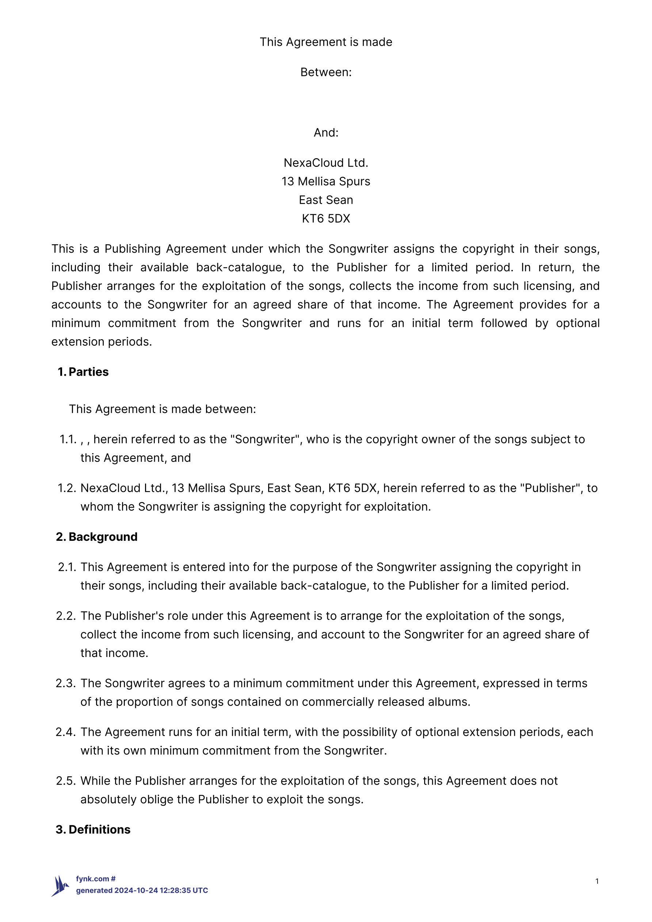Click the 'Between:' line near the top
pyautogui.click(x=326, y=72)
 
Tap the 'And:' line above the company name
pyautogui.click(x=326, y=133)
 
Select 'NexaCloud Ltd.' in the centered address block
pyautogui.click(x=326, y=162)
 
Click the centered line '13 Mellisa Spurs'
pyautogui.click(x=326, y=181)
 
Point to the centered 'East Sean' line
pyautogui.click(x=326, y=200)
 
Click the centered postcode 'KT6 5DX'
pyautogui.click(x=326, y=218)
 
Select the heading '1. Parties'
pyautogui.click(x=83, y=372)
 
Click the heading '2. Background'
pyautogui.click(x=97, y=537)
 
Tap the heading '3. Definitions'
pyautogui.click(x=93, y=830)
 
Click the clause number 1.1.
pyautogui.click(x=68, y=439)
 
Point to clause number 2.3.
pyautogui.click(x=66, y=683)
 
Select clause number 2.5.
pyautogui.click(x=66, y=781)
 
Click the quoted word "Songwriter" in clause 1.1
pyautogui.click(x=266, y=439)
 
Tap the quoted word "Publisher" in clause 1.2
pyautogui.click(x=552, y=488)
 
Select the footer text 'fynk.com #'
pyautogui.click(x=96, y=879)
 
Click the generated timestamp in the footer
pyautogui.click(x=142, y=890)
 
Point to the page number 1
pyautogui.click(x=597, y=881)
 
